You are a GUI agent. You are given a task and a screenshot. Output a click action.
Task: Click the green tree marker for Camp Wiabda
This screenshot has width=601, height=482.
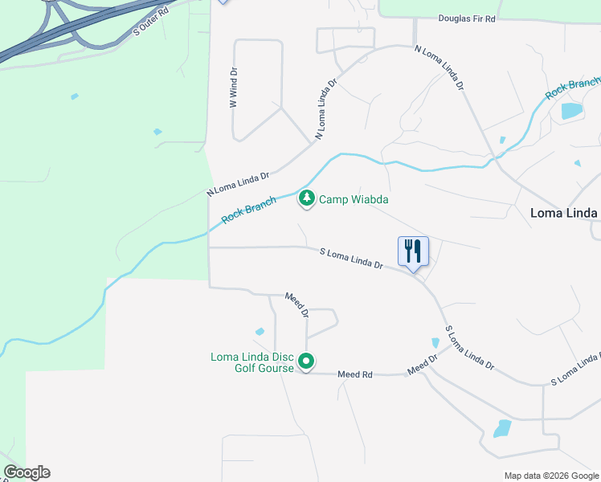coord(306,198)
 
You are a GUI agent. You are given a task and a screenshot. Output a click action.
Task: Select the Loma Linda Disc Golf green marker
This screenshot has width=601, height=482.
coord(306,362)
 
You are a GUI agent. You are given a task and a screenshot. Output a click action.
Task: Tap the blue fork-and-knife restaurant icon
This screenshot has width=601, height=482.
coord(414,251)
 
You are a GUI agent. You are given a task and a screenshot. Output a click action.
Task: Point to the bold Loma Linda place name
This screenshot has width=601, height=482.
coord(564,213)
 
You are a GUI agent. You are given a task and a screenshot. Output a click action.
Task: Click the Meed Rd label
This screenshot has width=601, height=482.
coord(355,374)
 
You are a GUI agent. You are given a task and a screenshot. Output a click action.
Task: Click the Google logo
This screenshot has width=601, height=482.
coord(27,472)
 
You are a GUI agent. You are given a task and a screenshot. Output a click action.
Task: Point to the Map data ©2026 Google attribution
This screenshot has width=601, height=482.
coord(550,476)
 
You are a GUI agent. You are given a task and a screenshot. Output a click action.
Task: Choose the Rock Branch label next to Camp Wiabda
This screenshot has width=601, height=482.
coord(248,209)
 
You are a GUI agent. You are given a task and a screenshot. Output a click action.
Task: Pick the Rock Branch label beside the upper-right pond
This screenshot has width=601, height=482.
coord(572,88)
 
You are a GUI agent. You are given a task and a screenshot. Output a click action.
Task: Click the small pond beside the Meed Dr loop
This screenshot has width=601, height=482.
coord(260,331)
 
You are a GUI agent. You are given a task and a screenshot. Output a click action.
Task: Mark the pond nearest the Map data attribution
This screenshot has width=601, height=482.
coord(503,427)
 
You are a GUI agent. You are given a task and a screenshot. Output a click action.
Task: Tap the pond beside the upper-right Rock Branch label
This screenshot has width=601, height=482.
coord(571,111)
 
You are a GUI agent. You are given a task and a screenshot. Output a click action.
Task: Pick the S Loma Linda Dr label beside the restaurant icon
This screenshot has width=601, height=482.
coord(351,258)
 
